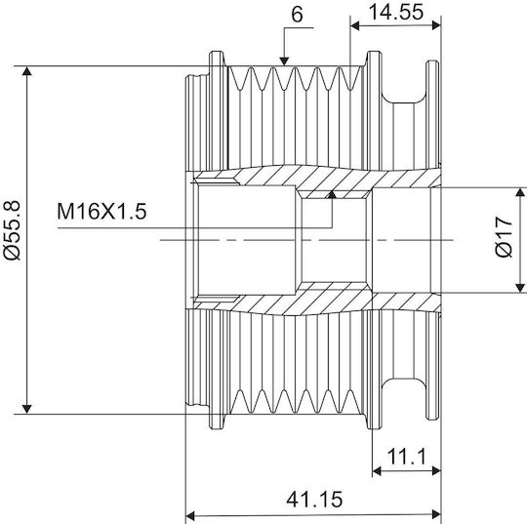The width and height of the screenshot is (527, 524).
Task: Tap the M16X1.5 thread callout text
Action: tap(101, 212)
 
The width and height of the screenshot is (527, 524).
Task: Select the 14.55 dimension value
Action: tap(396, 12)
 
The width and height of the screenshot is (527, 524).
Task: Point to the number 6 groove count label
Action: tap(297, 15)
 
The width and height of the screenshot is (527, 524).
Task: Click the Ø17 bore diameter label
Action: tap(505, 236)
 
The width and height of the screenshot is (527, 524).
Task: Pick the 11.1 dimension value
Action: tap(407, 457)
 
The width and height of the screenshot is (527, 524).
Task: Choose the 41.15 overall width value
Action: tap(314, 500)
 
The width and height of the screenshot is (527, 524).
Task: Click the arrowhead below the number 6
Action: tap(284, 61)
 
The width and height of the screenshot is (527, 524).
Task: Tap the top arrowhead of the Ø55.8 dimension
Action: tap(27, 70)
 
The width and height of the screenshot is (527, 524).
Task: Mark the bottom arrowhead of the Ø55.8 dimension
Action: tap(27, 410)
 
